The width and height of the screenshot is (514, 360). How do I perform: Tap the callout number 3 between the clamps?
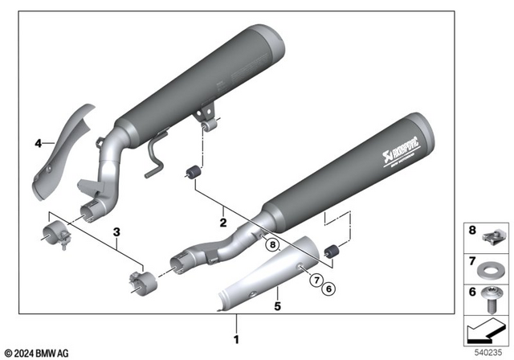point(117,233)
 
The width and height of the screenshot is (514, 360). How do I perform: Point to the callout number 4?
point(37,144)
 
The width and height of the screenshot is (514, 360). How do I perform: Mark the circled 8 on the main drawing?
point(272,244)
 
